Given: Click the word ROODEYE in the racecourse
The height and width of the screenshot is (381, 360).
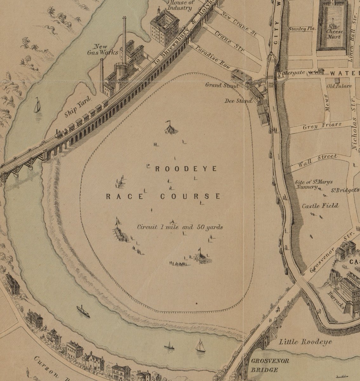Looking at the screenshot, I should [186, 169].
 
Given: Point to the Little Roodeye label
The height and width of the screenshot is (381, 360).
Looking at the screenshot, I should [305, 342].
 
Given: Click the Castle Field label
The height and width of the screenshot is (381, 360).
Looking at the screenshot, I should [320, 206].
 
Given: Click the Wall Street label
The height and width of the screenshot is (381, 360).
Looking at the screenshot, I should [317, 160].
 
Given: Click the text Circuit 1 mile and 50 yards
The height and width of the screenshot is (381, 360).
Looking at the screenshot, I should [180, 227].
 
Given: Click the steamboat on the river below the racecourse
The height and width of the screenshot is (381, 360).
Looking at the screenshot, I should [83, 311].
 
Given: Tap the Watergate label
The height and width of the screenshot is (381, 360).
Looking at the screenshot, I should [291, 73].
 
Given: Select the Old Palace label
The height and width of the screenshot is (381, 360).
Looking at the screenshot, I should [340, 86].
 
